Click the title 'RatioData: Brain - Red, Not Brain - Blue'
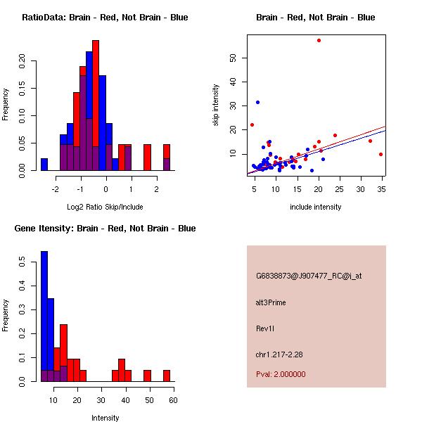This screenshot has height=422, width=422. pos(105,18)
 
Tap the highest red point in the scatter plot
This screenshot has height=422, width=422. pos(319,41)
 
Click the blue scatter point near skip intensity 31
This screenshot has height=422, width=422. pos(257,102)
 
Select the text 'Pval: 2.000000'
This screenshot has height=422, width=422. pos(281,374)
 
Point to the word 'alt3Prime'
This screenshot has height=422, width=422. pos(271,302)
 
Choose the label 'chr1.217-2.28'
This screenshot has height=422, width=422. pos(279,354)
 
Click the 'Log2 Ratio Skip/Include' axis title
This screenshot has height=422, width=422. pos(105,207)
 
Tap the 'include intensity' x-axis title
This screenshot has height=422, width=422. pos(316,207)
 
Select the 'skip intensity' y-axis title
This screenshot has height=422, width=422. pos(216,105)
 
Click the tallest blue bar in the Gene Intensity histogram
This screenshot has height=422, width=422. pos(44,316)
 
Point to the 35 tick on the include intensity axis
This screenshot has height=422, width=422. pos(381,188)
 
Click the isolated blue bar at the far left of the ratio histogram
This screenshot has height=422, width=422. pos(44,165)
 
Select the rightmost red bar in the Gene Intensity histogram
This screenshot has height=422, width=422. pos(167,376)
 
